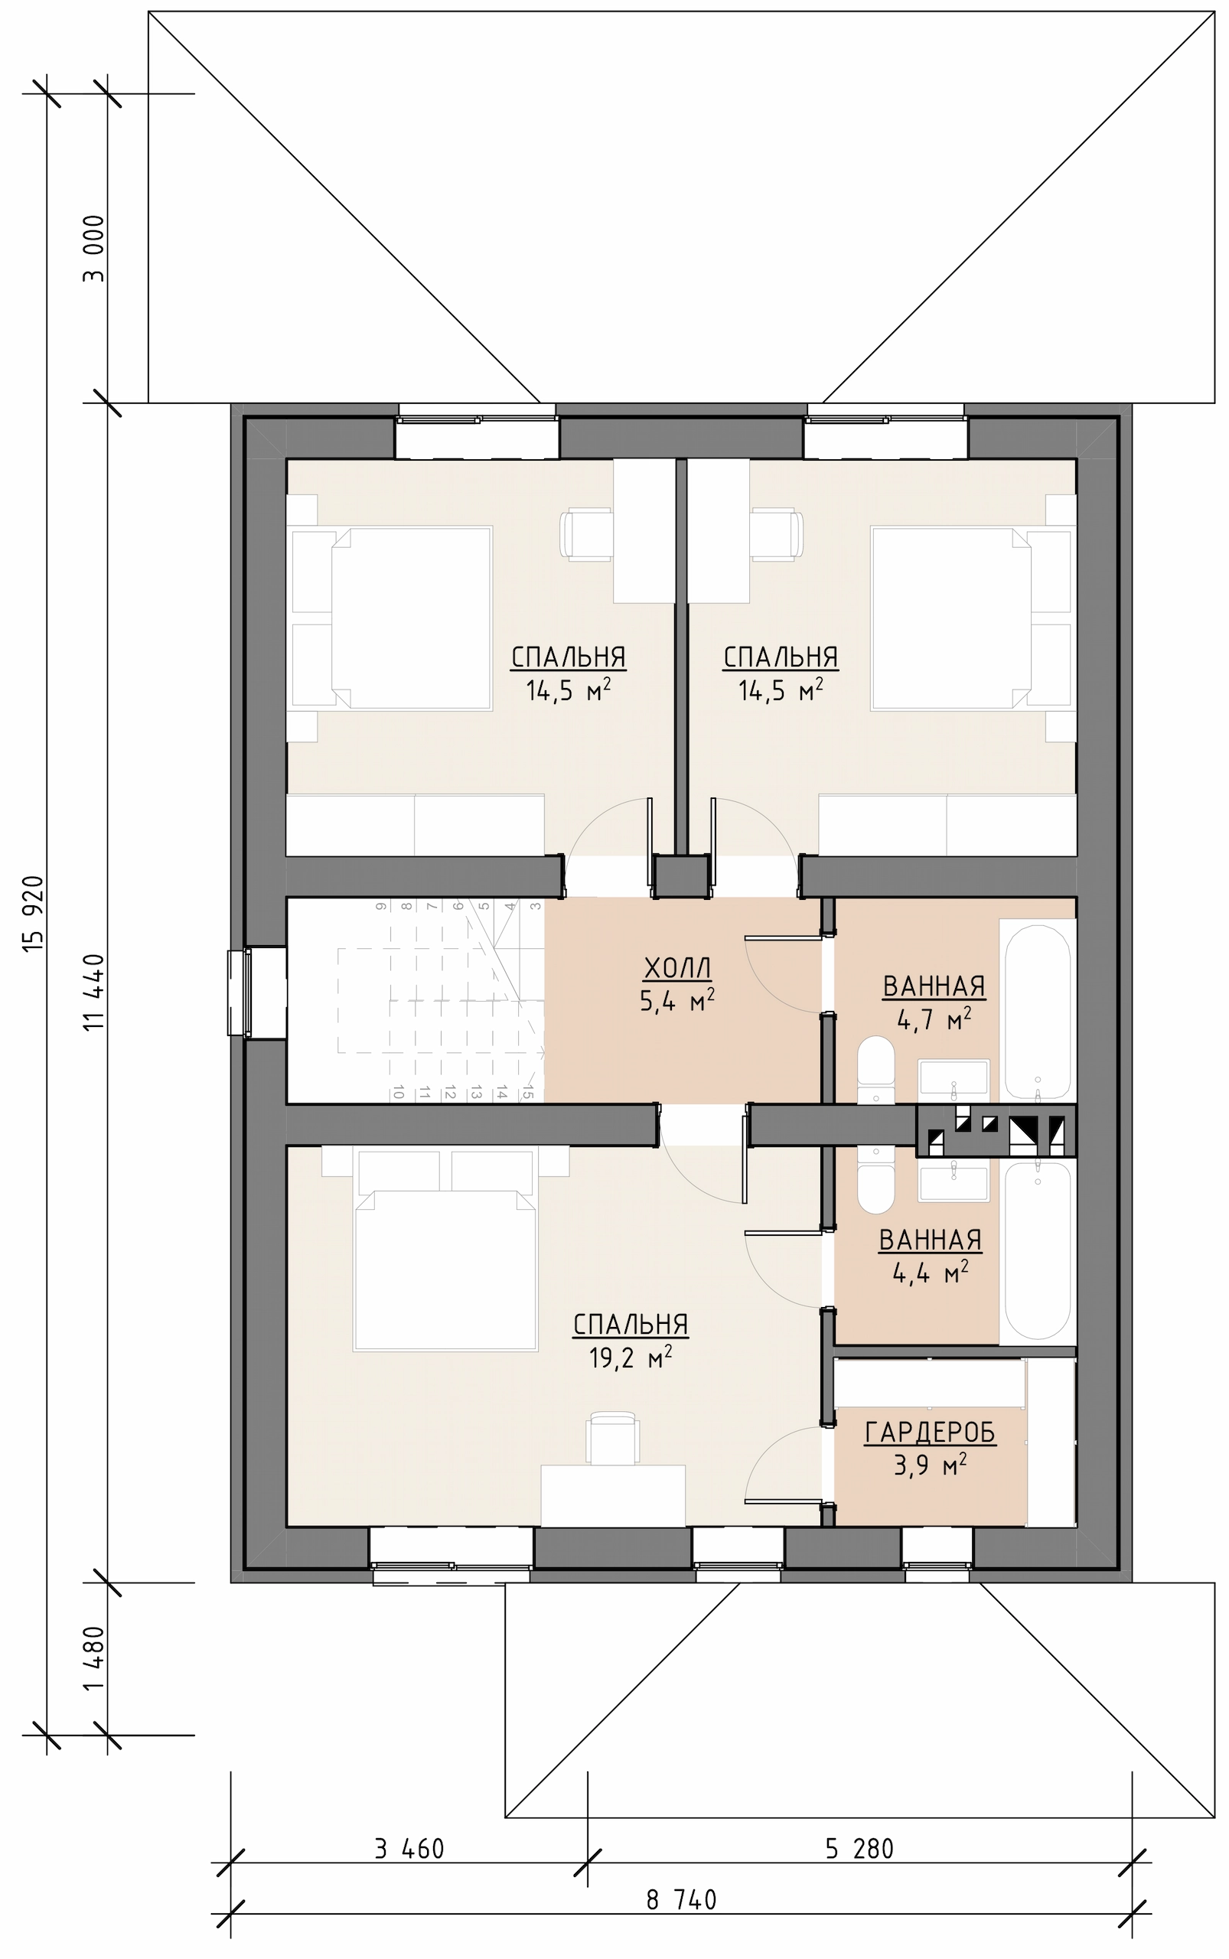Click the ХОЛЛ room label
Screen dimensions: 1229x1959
(677, 967)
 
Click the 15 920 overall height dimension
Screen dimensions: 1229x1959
(34, 914)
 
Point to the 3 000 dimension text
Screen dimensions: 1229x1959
(94, 248)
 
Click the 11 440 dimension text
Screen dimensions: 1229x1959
(94, 993)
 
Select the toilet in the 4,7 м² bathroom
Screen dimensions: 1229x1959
(875, 1069)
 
